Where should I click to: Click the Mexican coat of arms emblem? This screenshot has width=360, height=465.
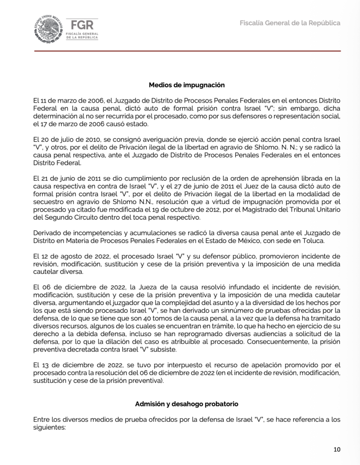tap(47, 30)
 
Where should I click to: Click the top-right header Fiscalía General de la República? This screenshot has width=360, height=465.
tap(290, 23)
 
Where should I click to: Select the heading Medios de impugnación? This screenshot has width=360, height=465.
tap(187, 84)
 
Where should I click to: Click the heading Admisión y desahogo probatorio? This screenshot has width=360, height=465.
tap(187, 404)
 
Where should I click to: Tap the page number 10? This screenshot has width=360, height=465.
tap(336, 450)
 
